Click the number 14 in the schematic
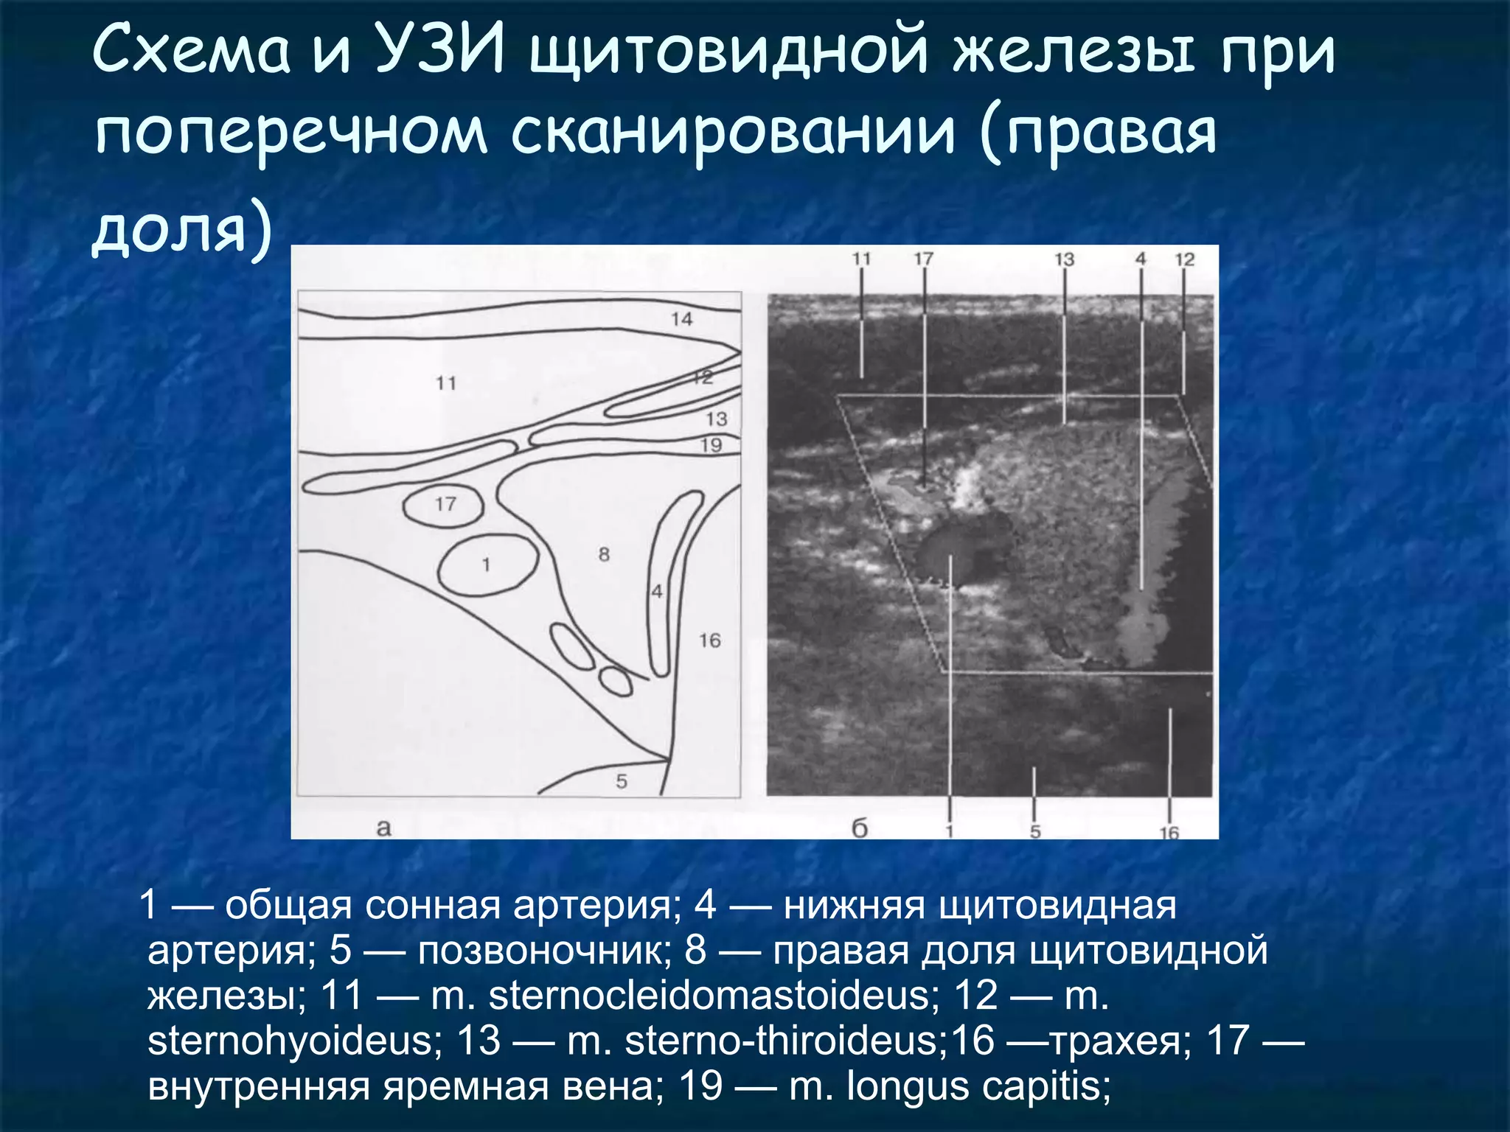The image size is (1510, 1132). point(681,319)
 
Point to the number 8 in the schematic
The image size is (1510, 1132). point(604,554)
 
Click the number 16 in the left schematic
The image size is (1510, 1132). point(709,640)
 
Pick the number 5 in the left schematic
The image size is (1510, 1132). point(622,781)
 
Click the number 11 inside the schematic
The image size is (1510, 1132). point(446,383)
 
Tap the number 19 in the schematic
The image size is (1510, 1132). point(711,445)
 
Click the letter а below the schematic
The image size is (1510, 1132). point(383,828)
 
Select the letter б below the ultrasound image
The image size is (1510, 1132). point(860,828)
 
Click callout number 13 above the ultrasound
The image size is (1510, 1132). point(1064,259)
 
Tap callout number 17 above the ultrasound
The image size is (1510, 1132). point(923,259)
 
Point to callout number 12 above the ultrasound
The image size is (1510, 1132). point(1184,259)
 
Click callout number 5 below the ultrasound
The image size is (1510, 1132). point(1035,832)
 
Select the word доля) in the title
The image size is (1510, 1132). point(181,230)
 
